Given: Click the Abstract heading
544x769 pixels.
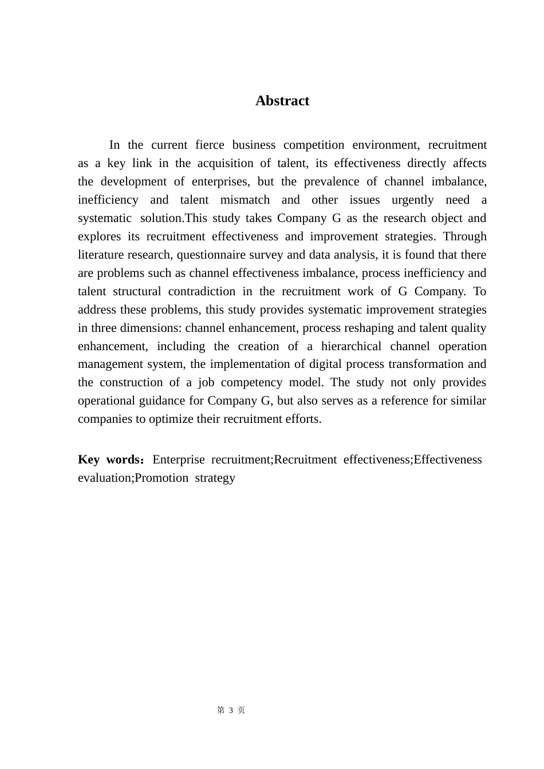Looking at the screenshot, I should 282,101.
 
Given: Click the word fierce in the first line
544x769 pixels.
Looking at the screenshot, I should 210,145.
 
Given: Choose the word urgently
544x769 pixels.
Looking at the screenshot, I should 412,200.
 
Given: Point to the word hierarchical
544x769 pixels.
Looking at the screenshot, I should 351,346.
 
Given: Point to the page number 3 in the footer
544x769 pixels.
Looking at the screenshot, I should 231,710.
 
